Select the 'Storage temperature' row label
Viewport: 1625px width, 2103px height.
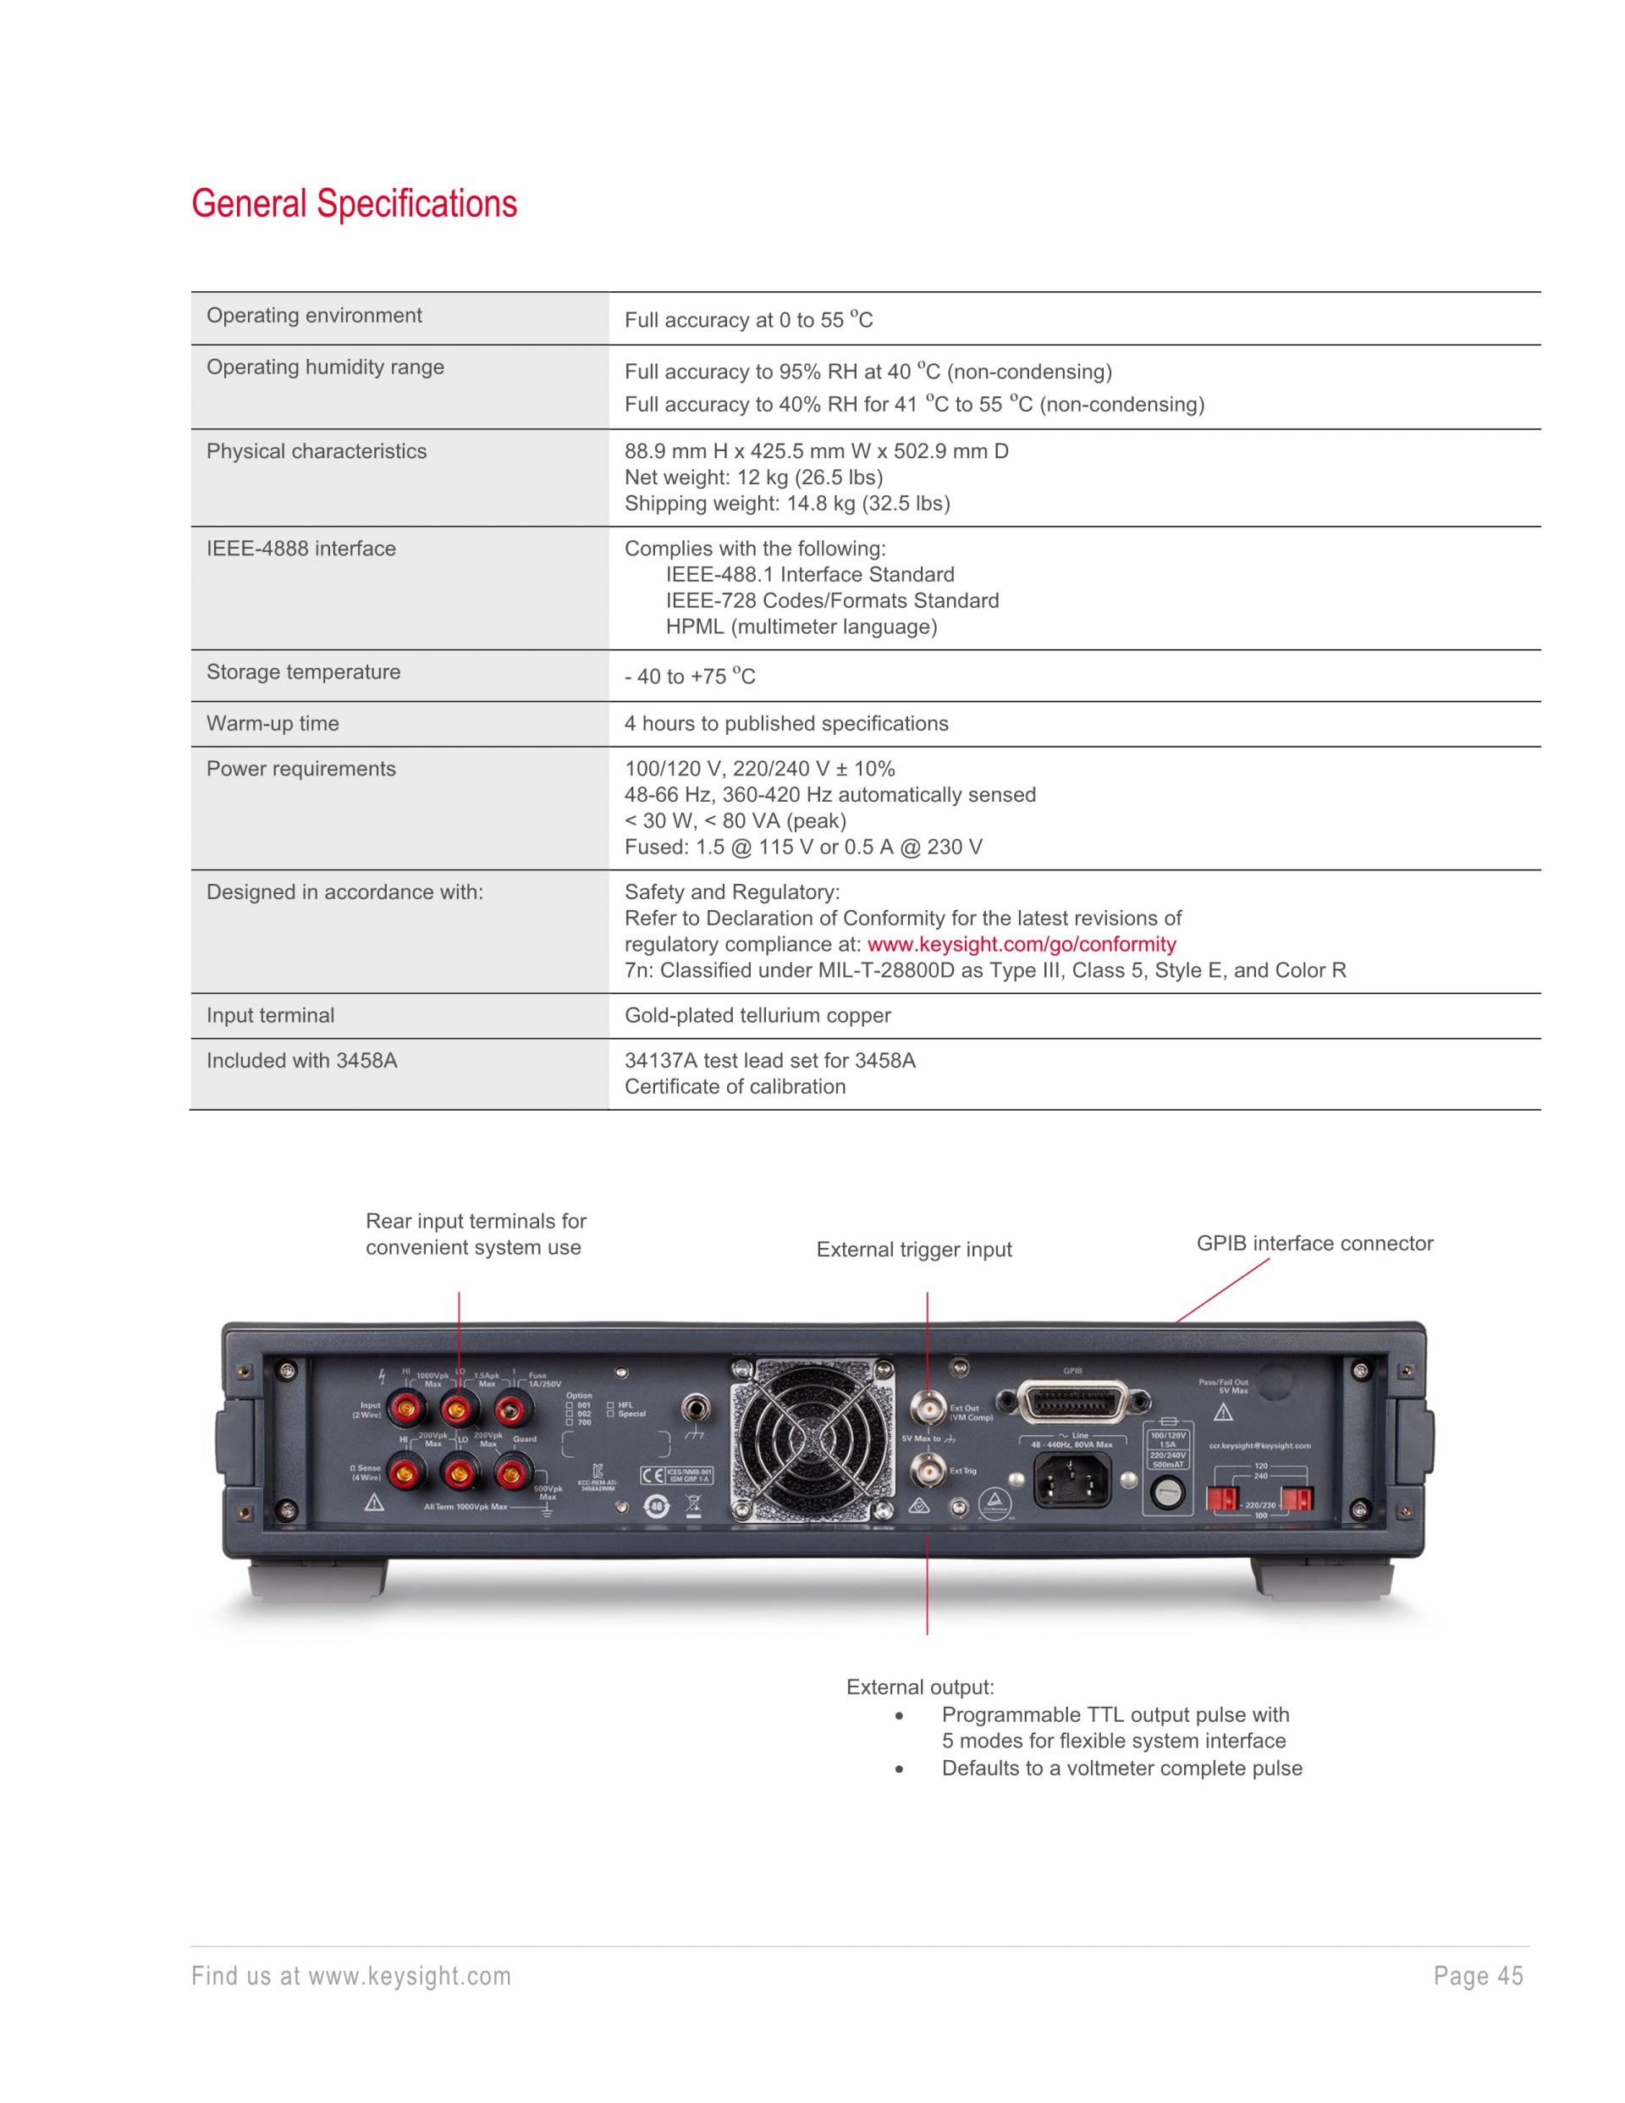pos(303,672)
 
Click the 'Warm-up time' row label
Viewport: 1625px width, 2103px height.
pos(273,723)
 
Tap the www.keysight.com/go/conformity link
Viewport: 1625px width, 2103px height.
pos(1021,944)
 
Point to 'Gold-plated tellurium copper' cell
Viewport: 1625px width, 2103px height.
pos(757,1015)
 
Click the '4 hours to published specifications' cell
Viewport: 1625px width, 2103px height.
pos(785,723)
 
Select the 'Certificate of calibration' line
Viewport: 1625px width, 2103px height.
pos(735,1086)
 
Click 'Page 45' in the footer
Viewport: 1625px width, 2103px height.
pos(1478,1976)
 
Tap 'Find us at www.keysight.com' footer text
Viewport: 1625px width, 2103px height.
pos(351,1976)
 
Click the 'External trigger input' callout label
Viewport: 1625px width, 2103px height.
pos(913,1249)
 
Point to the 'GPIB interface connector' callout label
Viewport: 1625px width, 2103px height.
pos(1314,1243)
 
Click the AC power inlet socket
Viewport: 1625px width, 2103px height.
pos(1071,1478)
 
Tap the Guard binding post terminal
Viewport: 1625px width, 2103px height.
pos(510,1471)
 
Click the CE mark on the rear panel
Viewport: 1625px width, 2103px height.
pos(651,1475)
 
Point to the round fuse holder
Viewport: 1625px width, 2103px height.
pos(1167,1493)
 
